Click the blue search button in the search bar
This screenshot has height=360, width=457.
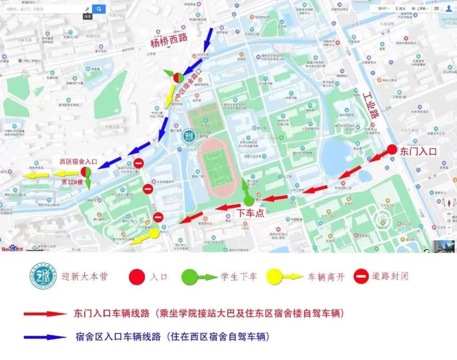[99, 9]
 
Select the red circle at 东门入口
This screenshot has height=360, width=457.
[392, 149]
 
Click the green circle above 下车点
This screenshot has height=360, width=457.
[249, 201]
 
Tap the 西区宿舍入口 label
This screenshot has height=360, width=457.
[79, 162]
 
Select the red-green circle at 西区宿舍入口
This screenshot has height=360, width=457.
[86, 172]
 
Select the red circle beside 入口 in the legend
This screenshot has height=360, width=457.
[137, 277]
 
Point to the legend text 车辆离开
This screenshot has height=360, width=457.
[326, 277]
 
